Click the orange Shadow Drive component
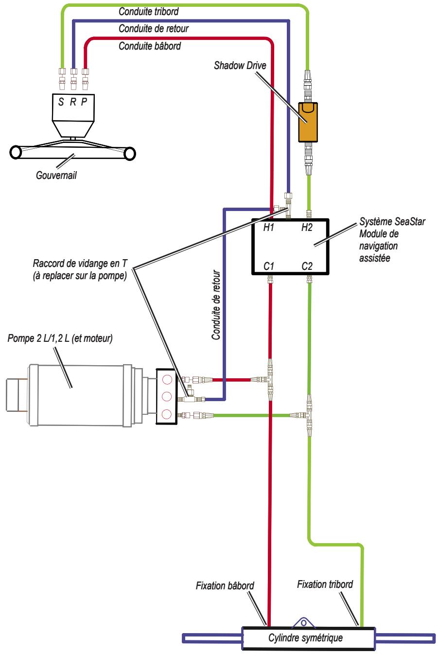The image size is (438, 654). point(308,122)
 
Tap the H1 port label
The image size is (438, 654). point(268,227)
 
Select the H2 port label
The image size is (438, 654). point(307,227)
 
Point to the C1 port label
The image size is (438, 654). point(268,266)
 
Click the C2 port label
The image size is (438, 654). point(307,266)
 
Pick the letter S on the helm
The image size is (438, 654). point(61,102)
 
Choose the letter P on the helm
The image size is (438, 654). point(84,102)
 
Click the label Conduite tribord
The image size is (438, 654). point(149,12)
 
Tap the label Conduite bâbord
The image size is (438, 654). point(150,46)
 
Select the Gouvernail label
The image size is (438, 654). point(56,175)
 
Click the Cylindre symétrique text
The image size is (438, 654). point(305,637)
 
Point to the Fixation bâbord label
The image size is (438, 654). point(225,585)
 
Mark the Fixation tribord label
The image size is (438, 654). point(325,584)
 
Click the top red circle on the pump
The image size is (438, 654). point(167,380)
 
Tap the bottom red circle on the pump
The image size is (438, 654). point(167,414)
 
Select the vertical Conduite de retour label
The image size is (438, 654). point(216,305)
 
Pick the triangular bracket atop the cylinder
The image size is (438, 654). point(303,622)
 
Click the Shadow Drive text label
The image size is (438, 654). point(240,65)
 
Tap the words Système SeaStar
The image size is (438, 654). point(392,222)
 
